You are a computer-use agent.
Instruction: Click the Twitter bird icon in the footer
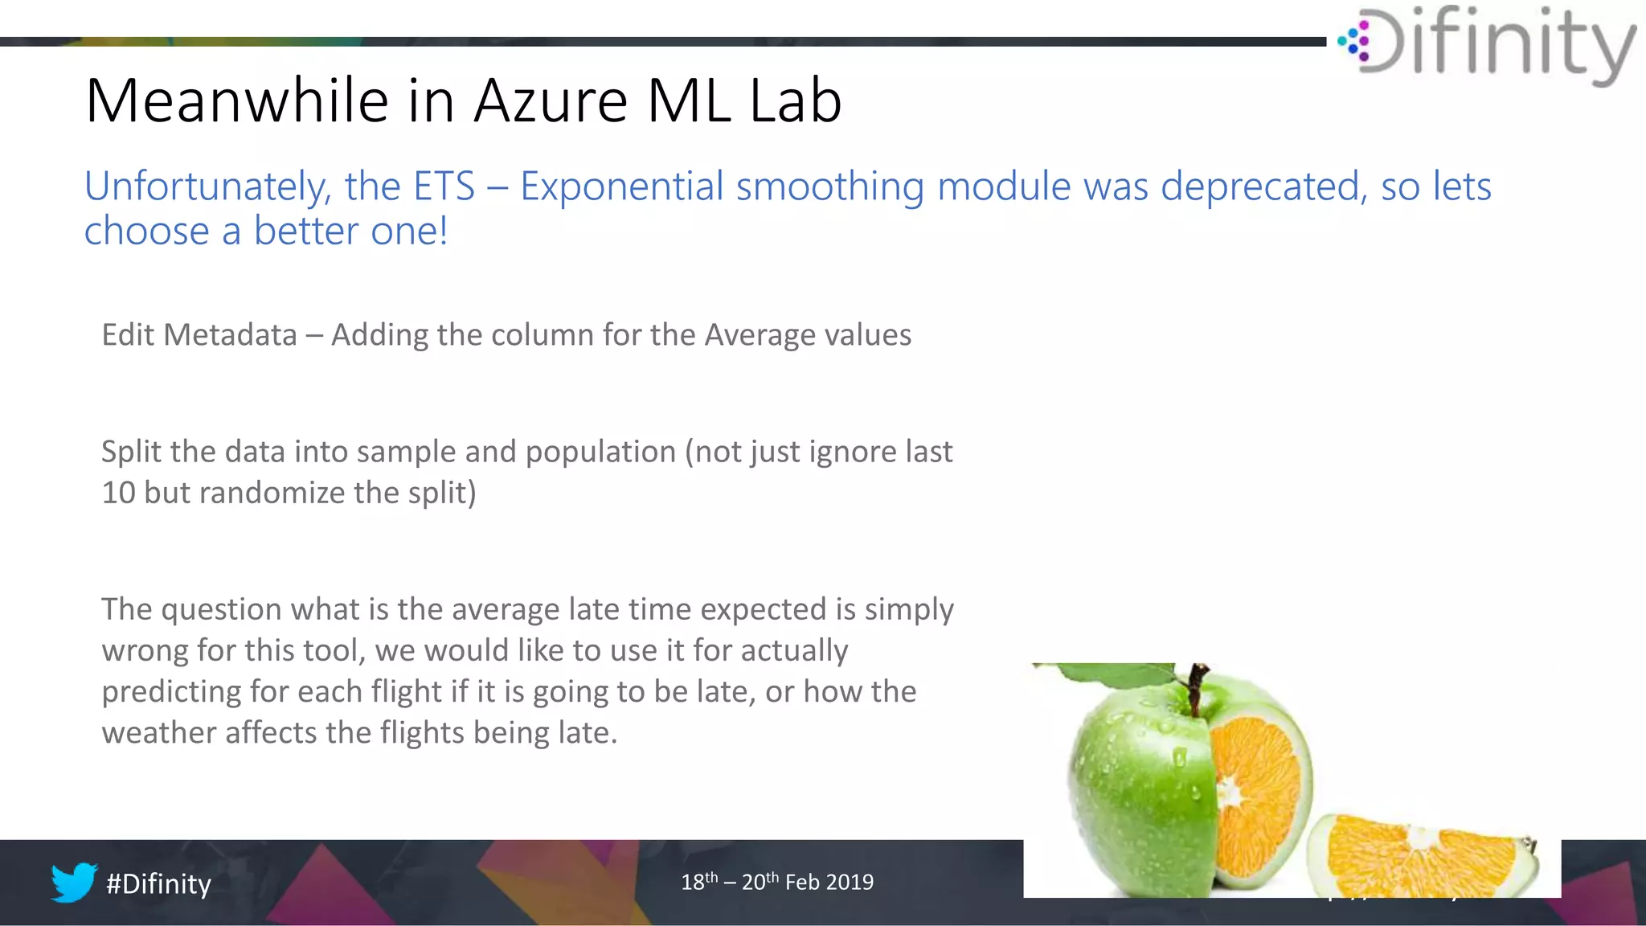click(74, 882)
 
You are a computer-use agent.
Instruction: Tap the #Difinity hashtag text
click(158, 883)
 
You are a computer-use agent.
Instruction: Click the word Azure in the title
click(550, 101)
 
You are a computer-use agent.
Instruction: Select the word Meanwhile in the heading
click(237, 101)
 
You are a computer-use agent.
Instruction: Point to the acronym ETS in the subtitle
click(443, 186)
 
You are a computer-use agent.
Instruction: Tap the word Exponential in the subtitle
click(622, 186)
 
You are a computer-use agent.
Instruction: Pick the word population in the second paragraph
click(600, 453)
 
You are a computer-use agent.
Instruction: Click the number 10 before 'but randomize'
click(118, 493)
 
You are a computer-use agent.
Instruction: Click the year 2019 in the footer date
click(850, 883)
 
